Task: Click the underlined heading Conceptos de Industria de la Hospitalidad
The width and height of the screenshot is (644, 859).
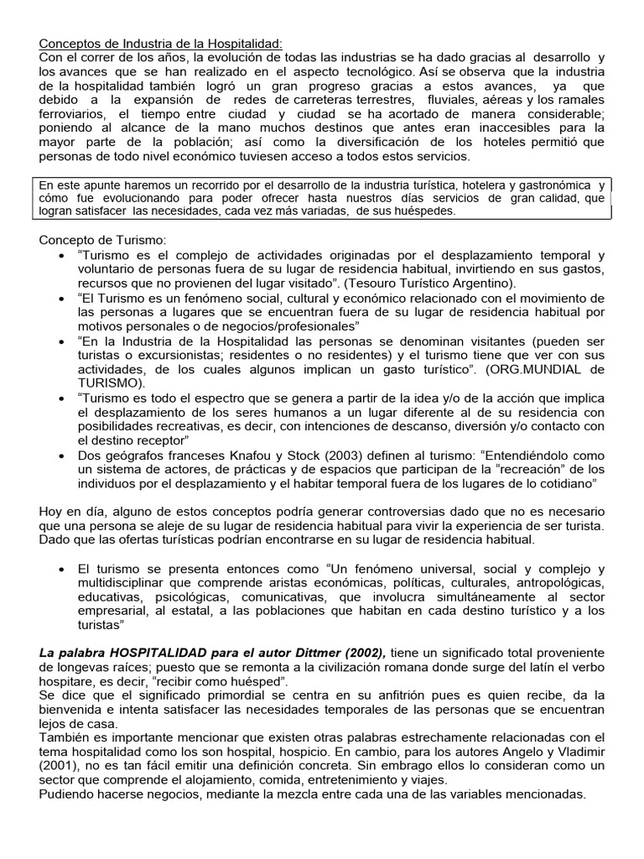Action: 162,44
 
